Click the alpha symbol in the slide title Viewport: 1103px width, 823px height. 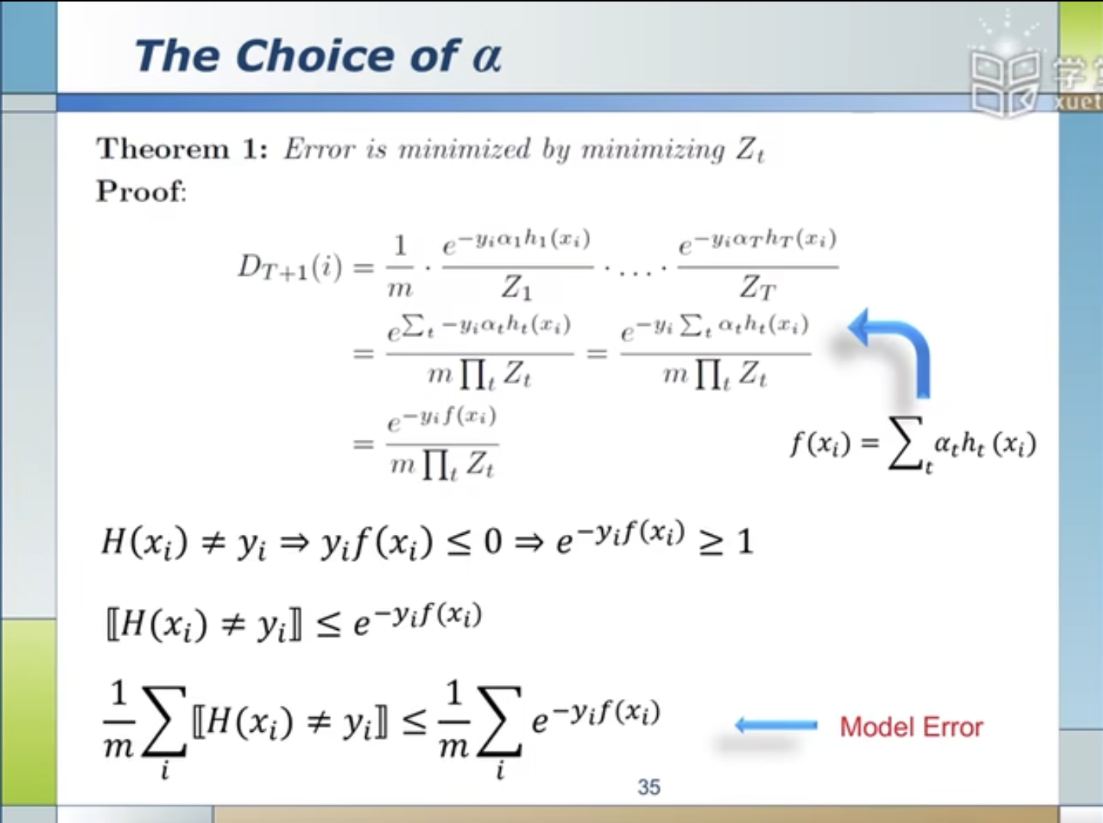(487, 57)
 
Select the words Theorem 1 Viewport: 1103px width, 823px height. (182, 148)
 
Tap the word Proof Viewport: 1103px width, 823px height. (141, 191)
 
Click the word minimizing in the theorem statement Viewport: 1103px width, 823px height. (653, 148)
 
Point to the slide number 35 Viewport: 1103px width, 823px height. (649, 787)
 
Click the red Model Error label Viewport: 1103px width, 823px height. (911, 726)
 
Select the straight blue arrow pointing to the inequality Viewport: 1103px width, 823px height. (775, 725)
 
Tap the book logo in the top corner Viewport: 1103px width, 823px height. (1005, 80)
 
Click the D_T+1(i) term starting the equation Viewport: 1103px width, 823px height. (290, 267)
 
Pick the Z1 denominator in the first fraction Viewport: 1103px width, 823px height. (516, 287)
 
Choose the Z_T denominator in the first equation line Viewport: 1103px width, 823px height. (758, 287)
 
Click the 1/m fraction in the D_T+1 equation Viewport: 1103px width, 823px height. (399, 267)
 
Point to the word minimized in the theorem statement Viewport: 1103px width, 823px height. (464, 148)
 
